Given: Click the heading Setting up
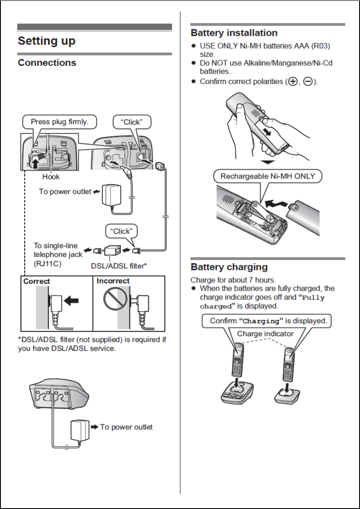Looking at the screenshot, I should point(46,41).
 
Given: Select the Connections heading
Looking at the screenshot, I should point(47,63).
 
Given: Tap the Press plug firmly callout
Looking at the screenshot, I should point(60,122).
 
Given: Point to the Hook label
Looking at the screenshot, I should point(51,176).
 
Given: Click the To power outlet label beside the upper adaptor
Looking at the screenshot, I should point(65,192).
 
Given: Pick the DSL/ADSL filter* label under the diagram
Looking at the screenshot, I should point(119,265).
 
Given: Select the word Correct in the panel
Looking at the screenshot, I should point(37,281).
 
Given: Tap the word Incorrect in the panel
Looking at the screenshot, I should point(113,281).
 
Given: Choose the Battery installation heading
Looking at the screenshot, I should point(234,33).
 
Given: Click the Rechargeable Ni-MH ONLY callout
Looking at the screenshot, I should point(267,176).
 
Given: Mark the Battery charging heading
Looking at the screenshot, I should point(229,267).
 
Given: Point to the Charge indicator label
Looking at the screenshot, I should point(265,334).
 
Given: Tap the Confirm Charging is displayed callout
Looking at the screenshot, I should point(268,321).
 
